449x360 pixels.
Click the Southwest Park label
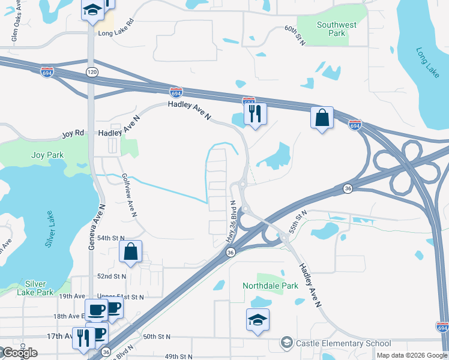click(x=336, y=29)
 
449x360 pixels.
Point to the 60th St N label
click(x=295, y=35)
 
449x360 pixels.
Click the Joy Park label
click(x=47, y=155)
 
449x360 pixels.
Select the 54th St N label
click(x=112, y=238)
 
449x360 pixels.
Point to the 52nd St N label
click(x=112, y=277)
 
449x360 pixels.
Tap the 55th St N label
click(x=297, y=220)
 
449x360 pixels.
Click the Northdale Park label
click(x=270, y=286)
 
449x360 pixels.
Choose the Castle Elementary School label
click(x=343, y=344)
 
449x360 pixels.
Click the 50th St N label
click(x=157, y=338)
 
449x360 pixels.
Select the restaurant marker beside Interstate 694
click(x=255, y=113)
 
